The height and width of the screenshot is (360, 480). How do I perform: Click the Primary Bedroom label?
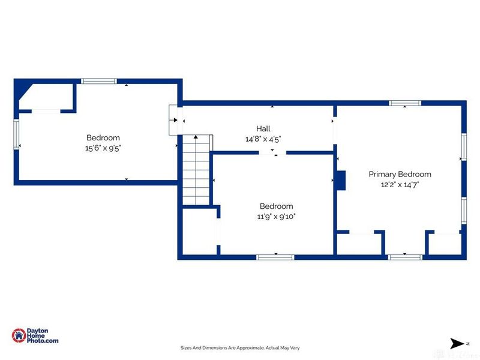400,174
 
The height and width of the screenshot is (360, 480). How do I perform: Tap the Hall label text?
263,128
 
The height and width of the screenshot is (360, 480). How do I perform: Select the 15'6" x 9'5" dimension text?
103,148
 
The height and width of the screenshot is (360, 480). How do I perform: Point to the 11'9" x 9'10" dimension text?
276,217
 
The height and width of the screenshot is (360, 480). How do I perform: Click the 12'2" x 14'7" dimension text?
400,185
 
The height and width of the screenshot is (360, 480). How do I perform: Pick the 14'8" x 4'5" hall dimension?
263,139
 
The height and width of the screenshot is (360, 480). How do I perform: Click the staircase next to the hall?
196,170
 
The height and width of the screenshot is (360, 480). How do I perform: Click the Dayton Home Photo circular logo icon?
19,335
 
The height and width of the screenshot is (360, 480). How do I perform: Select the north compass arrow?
457,343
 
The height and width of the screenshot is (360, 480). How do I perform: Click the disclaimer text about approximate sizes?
240,348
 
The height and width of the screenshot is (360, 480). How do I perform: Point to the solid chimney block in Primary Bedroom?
341,181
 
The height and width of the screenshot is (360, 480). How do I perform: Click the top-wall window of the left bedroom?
99,81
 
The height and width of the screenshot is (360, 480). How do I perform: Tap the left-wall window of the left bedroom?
16,134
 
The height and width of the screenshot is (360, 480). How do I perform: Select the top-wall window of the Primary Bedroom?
405,103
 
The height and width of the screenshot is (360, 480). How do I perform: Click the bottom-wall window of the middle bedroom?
275,257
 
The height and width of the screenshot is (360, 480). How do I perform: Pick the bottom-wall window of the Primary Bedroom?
405,257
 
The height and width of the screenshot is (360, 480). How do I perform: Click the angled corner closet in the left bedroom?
46,96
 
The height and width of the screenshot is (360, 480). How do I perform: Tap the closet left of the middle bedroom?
199,232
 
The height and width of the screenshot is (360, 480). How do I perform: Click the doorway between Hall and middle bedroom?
273,152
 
